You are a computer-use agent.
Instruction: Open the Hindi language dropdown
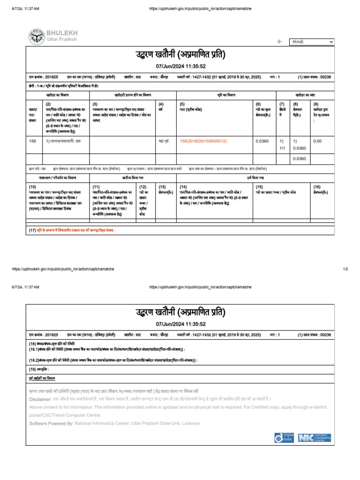pyautogui.click(x=312, y=42)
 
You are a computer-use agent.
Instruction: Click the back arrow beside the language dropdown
pyautogui.click(x=280, y=42)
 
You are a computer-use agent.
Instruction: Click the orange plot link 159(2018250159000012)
pyautogui.click(x=203, y=141)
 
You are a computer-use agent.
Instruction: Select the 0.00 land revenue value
pyautogui.click(x=317, y=141)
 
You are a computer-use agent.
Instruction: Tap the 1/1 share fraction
pyautogui.click(x=282, y=149)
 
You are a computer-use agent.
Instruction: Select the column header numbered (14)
pyautogui.click(x=183, y=187)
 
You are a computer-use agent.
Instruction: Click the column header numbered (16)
pyautogui.click(x=317, y=187)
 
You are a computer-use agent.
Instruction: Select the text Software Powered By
pyautogui.click(x=45, y=423)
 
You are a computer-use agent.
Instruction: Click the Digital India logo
pyautogui.click(x=285, y=438)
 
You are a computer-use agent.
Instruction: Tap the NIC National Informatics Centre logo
pyautogui.click(x=315, y=438)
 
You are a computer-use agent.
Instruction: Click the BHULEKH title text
pyautogui.click(x=62, y=32)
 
